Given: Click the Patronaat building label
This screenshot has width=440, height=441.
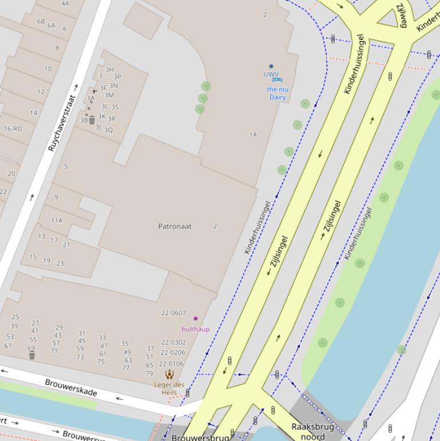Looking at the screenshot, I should coord(175,226).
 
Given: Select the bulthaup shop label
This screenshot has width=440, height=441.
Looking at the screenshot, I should coord(195,329).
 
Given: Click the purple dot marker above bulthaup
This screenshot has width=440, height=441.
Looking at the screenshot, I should coord(196,318).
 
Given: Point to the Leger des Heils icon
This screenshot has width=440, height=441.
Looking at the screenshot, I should coord(169,374).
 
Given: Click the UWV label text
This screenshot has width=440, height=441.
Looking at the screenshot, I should coord(271,74).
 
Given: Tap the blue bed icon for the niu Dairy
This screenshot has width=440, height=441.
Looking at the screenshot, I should coord(278,81).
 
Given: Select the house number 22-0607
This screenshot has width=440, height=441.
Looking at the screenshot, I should coord(173,313).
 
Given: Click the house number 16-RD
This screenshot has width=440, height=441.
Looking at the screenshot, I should coord(13,129).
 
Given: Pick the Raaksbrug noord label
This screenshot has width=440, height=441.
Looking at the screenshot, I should coord(312,431).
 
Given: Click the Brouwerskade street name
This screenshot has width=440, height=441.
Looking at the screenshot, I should coord(71,387).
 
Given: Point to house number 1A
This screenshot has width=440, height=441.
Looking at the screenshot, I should coord(253,135).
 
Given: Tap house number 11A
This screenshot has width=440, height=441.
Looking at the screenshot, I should coord(57,220).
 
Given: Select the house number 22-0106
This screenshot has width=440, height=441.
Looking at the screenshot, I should coord(172,364).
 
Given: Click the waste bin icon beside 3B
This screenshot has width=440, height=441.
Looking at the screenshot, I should coord(92,120).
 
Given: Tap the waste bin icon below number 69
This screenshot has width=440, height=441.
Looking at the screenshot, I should coord(32,356).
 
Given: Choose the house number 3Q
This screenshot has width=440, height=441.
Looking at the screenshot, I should coord(108,130).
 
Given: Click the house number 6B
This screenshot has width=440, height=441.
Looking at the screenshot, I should coord(41,21).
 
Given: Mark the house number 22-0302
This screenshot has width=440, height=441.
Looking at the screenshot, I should coord(173,342).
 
